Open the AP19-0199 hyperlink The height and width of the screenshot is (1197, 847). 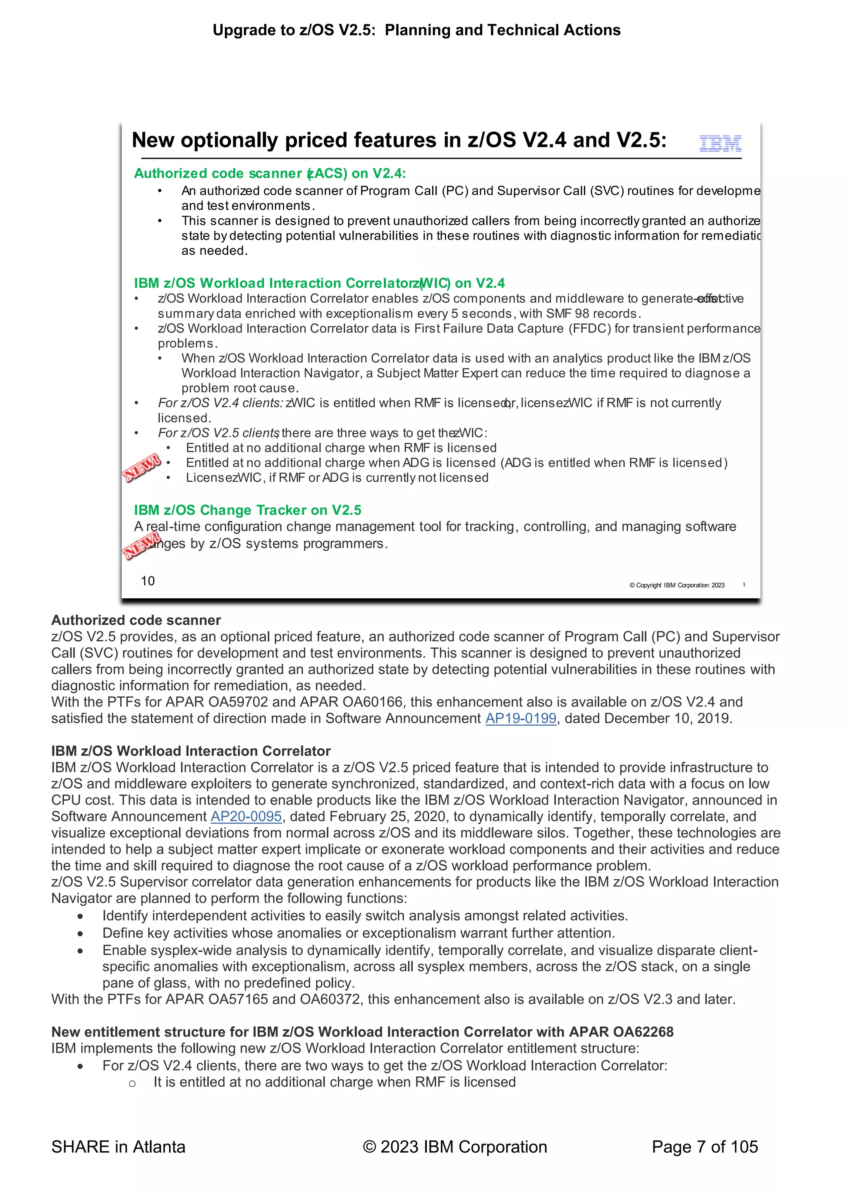pos(521,719)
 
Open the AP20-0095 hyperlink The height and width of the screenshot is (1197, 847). pos(246,817)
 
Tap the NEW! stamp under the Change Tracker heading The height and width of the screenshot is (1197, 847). pos(141,546)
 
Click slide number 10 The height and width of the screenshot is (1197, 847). pos(148,581)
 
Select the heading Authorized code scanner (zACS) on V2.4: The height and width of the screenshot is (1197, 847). pos(270,174)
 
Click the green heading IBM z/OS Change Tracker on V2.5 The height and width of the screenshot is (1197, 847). pos(247,510)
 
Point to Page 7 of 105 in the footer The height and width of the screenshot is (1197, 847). pos(705,1147)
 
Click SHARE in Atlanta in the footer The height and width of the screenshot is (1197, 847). pos(118,1147)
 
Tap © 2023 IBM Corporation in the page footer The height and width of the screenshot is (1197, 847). pos(455,1147)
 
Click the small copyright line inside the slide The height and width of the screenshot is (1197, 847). pos(677,585)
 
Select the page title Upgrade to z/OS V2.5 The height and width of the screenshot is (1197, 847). pos(416,30)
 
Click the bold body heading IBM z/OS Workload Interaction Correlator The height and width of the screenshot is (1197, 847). pos(191,751)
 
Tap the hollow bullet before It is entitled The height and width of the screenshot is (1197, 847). pos(132,1083)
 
